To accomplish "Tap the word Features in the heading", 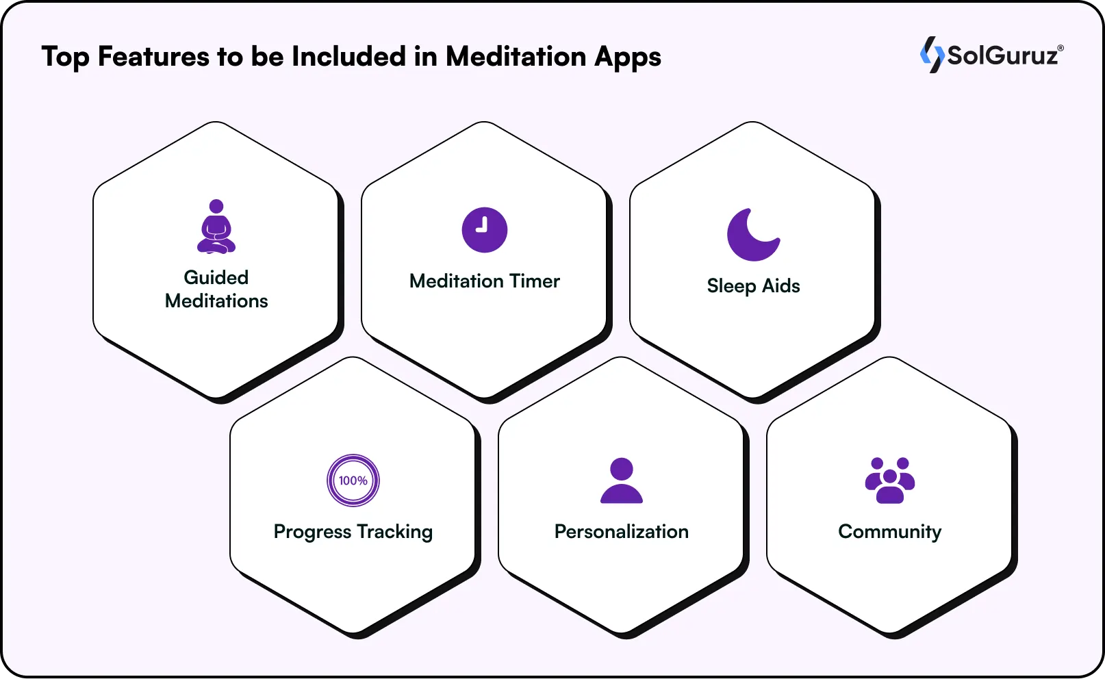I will [153, 57].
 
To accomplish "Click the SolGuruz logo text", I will [1002, 55].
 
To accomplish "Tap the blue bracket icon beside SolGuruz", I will [932, 55].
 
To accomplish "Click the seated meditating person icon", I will [216, 227].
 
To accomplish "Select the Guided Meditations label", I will [216, 289].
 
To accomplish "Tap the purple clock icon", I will [485, 230].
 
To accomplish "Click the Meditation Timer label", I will [485, 281].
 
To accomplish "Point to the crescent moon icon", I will [752, 235].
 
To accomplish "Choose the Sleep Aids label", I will [753, 285].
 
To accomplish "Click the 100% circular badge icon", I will [353, 481].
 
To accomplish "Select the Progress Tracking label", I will [353, 532].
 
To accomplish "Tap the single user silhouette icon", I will [622, 481].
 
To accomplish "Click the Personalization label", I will [622, 532].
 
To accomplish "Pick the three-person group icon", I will [890, 481].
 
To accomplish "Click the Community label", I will [890, 532].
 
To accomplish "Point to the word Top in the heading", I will [66, 57].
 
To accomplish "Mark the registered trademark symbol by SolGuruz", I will [1060, 48].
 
